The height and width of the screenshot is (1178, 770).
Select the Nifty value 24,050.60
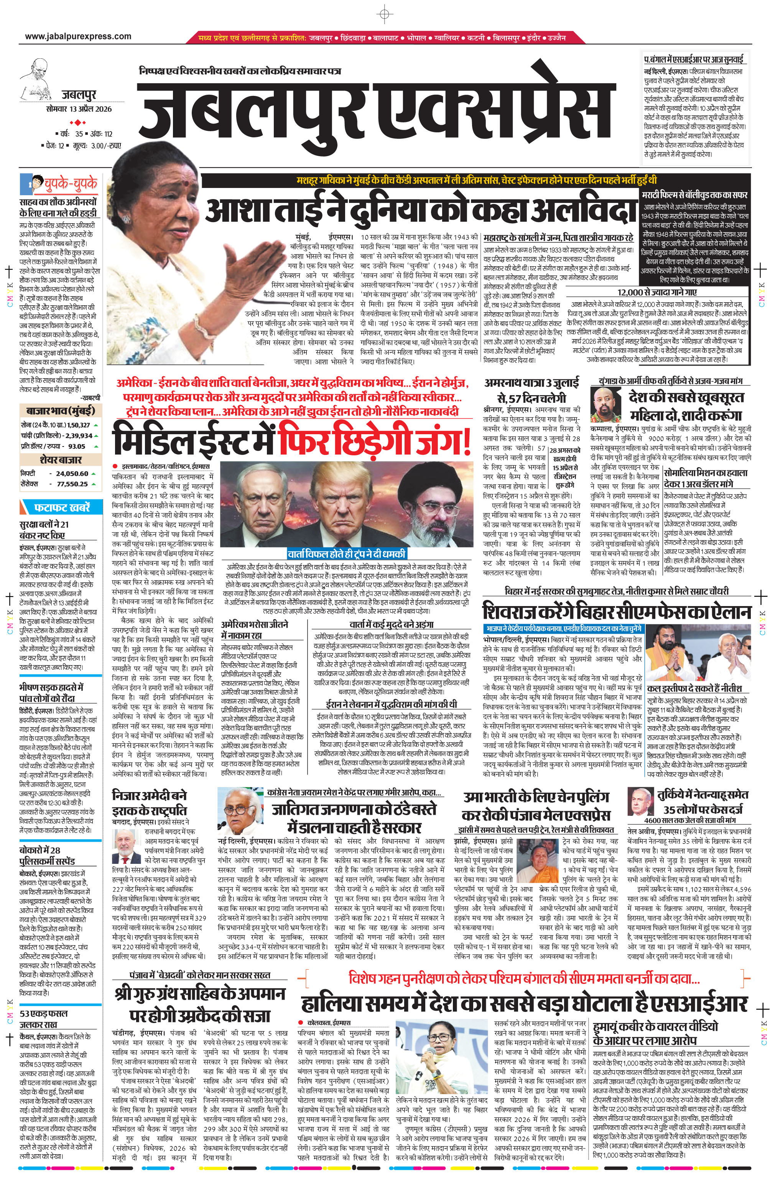[x=72, y=473]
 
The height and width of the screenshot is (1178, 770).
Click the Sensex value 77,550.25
[x=72, y=484]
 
